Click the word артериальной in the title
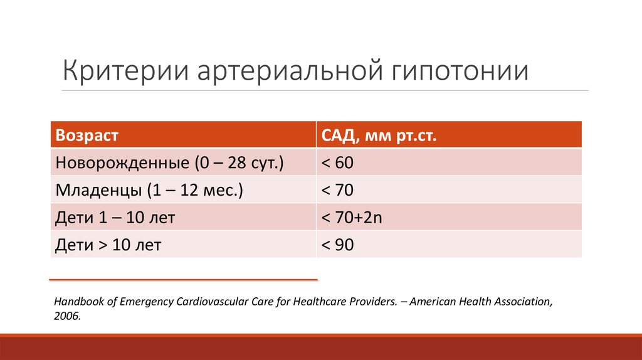pyautogui.click(x=285, y=71)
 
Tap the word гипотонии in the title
pyautogui.click(x=460, y=71)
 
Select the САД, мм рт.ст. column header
pyautogui.click(x=378, y=135)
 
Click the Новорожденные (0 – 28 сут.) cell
pyautogui.click(x=170, y=162)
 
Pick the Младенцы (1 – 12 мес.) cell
pyautogui.click(x=150, y=190)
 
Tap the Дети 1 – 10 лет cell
pyautogui.click(x=115, y=218)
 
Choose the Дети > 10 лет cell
pyautogui.click(x=108, y=245)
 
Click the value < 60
pyautogui.click(x=338, y=162)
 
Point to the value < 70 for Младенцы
pyautogui.click(x=338, y=190)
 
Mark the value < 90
pyautogui.click(x=338, y=245)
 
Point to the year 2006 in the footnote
pyautogui.click(x=66, y=317)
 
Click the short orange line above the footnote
pyautogui.click(x=183, y=279)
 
